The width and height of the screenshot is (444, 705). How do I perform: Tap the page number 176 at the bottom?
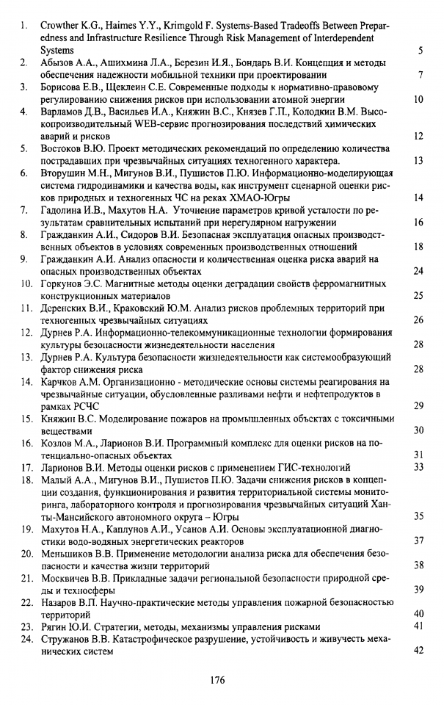pos(216,680)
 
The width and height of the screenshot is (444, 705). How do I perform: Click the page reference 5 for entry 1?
pos(420,51)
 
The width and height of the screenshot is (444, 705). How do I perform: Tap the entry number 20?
pos(25,553)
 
